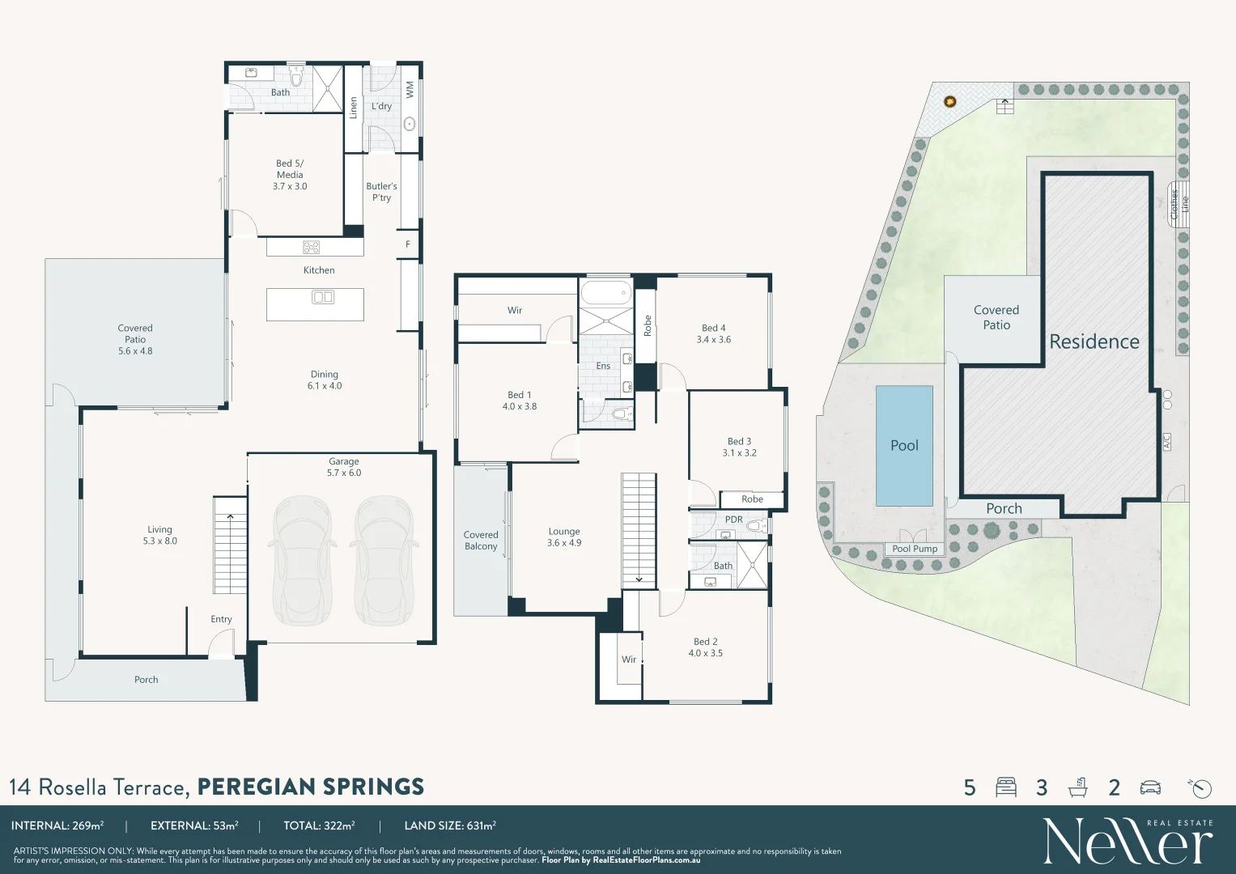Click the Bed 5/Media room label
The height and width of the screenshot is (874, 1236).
(290, 174)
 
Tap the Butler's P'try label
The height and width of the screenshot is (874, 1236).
(381, 192)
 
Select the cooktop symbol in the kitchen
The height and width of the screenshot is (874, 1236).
(311, 247)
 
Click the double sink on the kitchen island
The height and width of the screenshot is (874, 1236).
(323, 298)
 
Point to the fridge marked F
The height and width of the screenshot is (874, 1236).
(408, 244)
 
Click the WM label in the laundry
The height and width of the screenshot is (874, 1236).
(410, 90)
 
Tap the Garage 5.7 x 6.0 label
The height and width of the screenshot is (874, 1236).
(344, 467)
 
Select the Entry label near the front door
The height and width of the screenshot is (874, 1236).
(221, 619)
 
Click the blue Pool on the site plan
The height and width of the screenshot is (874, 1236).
(904, 446)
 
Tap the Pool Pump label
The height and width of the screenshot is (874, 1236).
(915, 549)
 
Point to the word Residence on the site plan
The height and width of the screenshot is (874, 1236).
(1094, 342)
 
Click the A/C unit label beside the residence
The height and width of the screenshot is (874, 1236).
(1166, 442)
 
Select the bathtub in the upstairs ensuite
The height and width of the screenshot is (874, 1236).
(606, 292)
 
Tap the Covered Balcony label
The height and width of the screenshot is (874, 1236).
(481, 541)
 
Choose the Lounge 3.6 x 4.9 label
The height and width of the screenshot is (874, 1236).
(564, 537)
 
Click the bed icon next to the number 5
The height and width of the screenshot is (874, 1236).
(1006, 787)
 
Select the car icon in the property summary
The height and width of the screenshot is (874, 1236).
(1150, 788)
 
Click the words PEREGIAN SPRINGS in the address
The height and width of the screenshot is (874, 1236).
(311, 787)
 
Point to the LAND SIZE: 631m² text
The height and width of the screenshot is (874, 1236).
(450, 825)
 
